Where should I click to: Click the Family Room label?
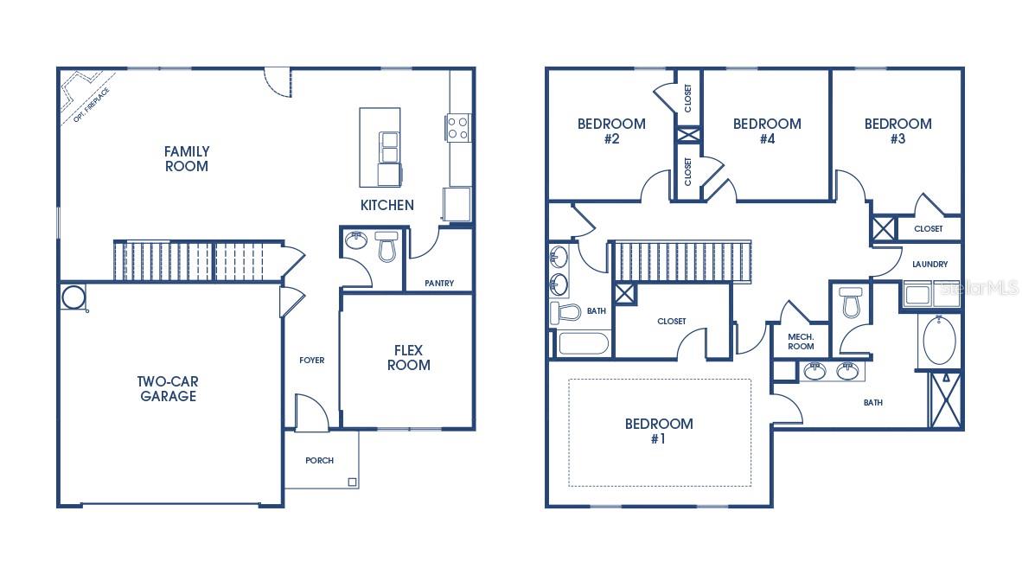pos(187,158)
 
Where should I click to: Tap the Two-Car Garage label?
pos(166,389)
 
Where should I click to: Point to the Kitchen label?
pos(386,205)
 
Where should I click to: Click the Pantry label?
pos(439,284)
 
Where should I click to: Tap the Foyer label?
pos(311,360)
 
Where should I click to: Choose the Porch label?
pos(319,460)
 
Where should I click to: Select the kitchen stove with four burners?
pos(457,128)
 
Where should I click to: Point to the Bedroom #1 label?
pos(659,431)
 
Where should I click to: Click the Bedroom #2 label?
pos(611,131)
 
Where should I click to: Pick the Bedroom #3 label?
pos(897,131)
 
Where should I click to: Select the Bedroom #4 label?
pos(766,131)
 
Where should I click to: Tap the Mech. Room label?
pos(801,341)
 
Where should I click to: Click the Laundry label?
pos(929,264)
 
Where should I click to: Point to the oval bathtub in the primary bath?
pos(940,342)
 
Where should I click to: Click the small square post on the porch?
pos(352,482)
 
